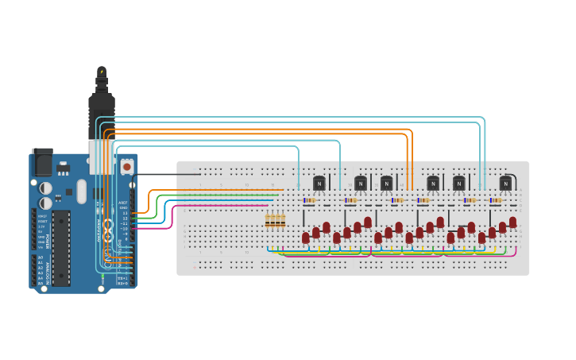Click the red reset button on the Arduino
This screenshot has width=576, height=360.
[126, 168]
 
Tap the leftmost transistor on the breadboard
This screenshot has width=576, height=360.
[319, 183]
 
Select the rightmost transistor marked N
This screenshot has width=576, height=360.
[505, 183]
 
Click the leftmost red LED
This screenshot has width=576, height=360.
[306, 238]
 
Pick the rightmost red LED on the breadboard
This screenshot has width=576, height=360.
[512, 223]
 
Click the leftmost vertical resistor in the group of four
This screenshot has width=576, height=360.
[268, 220]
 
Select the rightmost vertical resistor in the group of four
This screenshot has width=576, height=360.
[283, 220]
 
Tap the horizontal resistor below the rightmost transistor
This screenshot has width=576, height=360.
[496, 200]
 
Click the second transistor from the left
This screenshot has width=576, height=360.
[360, 183]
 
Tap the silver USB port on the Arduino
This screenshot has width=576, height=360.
[100, 157]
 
